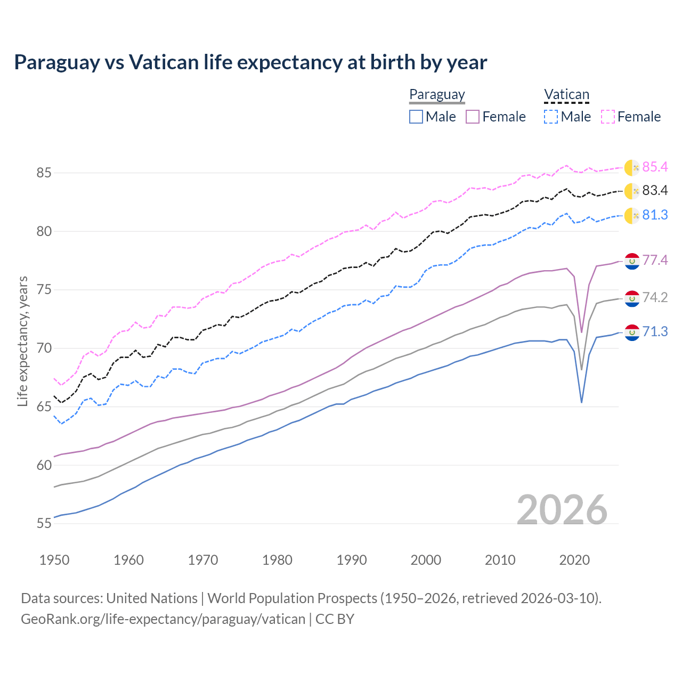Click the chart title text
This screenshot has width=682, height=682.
[x=250, y=62]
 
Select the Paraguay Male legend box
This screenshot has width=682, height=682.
[x=416, y=117]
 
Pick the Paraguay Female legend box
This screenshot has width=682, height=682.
[x=473, y=117]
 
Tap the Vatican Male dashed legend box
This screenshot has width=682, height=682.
[x=551, y=117]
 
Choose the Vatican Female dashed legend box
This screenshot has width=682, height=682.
[x=608, y=117]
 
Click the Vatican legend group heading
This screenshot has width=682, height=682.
[x=566, y=95]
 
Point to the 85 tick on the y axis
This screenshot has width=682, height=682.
[x=44, y=173]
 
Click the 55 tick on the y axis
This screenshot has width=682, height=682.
[x=44, y=524]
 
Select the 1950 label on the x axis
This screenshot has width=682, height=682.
[x=54, y=560]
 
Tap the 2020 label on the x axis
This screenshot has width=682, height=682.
[x=574, y=560]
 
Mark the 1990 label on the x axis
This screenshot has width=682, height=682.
[x=352, y=560]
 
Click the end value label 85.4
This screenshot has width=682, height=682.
[x=655, y=167]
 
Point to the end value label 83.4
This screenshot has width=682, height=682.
[x=655, y=191]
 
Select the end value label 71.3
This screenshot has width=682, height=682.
[x=655, y=332]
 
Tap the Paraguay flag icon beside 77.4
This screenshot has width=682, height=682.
[x=632, y=261]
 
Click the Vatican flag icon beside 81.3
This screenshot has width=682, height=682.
[x=632, y=215]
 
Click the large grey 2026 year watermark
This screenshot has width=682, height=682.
[x=562, y=510]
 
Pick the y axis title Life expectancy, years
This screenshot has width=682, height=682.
[x=23, y=341]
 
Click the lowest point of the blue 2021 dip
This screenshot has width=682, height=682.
[x=581, y=402]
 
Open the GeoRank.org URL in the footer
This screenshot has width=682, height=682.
[x=163, y=619]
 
